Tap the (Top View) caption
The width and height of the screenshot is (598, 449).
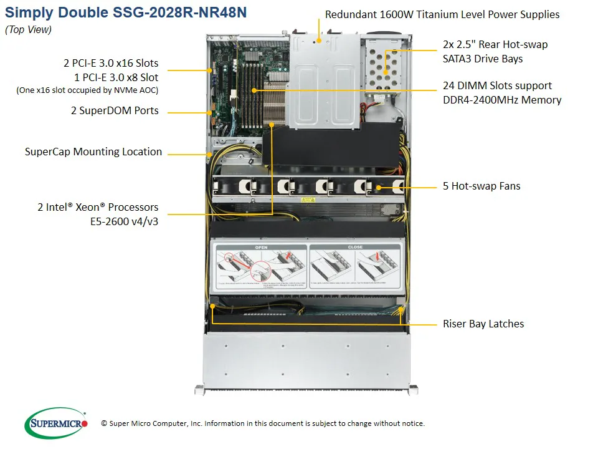[x=28, y=29]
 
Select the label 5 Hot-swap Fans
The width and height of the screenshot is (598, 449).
[x=482, y=186]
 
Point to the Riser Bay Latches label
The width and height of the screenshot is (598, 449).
[x=483, y=324]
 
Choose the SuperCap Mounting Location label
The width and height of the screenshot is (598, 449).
[x=93, y=152]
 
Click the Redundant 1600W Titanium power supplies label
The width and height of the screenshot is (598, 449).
[x=442, y=14]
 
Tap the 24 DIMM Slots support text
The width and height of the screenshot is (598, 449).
[x=497, y=85]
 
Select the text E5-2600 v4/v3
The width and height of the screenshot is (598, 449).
[x=125, y=221]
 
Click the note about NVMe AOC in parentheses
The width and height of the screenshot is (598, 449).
[x=87, y=90]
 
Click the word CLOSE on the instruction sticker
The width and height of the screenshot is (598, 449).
[x=355, y=248]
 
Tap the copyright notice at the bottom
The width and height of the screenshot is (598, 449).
[x=262, y=423]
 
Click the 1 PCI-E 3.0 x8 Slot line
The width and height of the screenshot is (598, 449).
[x=116, y=77]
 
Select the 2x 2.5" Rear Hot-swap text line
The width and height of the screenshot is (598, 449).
[x=495, y=44]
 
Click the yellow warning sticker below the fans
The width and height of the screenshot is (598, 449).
[x=308, y=201]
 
